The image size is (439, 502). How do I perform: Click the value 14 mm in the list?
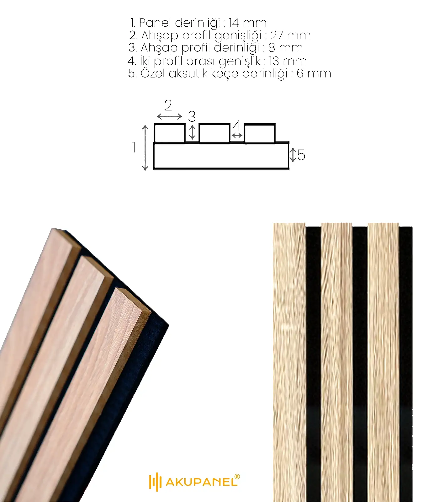click(x=248, y=23)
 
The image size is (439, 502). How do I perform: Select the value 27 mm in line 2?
click(x=290, y=35)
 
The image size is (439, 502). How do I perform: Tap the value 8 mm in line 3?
click(x=285, y=48)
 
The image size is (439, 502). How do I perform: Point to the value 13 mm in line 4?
click(x=288, y=61)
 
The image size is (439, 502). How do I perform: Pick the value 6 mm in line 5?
click(x=314, y=73)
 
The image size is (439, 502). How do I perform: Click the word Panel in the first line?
click(x=155, y=23)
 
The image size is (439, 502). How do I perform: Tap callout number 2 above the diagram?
click(x=168, y=105)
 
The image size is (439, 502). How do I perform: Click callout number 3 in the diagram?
click(x=192, y=117)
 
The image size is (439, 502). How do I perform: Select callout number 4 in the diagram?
click(x=237, y=126)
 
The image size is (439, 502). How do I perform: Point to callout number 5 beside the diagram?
click(x=301, y=155)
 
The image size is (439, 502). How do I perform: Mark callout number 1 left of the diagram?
click(x=134, y=147)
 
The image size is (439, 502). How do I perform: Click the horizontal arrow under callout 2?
click(x=169, y=116)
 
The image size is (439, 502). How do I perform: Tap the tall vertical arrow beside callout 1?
click(x=145, y=147)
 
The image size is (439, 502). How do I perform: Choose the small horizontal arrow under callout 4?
click(x=237, y=136)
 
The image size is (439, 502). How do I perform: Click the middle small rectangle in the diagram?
click(x=214, y=133)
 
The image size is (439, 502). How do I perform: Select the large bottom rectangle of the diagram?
click(x=221, y=156)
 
